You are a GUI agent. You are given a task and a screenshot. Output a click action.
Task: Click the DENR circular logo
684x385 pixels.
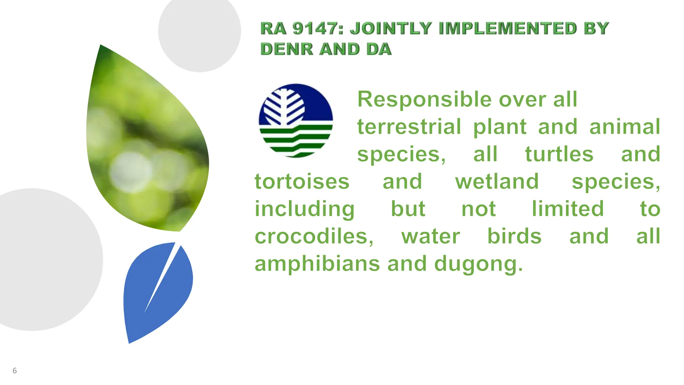pyautogui.click(x=296, y=120)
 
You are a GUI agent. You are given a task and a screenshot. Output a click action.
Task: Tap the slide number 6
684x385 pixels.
pyautogui.click(x=14, y=370)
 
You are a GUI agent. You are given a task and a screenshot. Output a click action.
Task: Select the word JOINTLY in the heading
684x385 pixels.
pyautogui.click(x=391, y=28)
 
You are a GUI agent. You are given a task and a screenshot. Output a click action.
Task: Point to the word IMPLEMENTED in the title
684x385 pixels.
pyautogui.click(x=508, y=28)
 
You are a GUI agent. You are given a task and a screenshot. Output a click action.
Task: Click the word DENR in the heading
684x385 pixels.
pyautogui.click(x=287, y=49)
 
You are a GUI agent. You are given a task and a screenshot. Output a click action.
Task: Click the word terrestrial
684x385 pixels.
pyautogui.click(x=409, y=127)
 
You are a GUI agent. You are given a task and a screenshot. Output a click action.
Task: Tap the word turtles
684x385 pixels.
pyautogui.click(x=559, y=154)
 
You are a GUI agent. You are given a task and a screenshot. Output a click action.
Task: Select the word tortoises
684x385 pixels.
pyautogui.click(x=302, y=181)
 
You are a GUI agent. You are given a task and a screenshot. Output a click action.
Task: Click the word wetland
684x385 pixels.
pyautogui.click(x=497, y=181)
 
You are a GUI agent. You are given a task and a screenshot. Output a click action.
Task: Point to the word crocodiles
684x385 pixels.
pyautogui.click(x=314, y=236)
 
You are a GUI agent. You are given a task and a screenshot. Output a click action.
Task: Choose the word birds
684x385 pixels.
pyautogui.click(x=514, y=236)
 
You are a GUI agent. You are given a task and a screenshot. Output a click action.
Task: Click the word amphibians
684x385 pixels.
pyautogui.click(x=317, y=264)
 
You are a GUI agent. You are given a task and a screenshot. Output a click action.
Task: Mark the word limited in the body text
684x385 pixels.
pyautogui.click(x=568, y=209)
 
